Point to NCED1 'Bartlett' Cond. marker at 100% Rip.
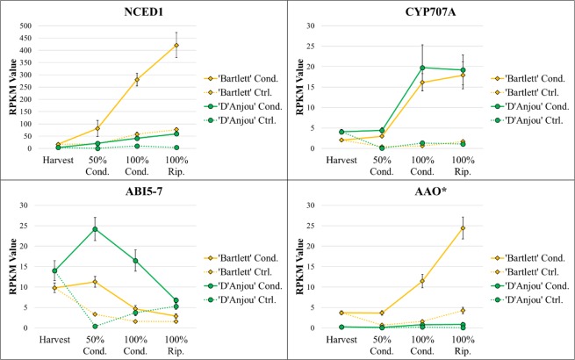176,45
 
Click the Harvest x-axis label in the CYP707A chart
341,160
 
